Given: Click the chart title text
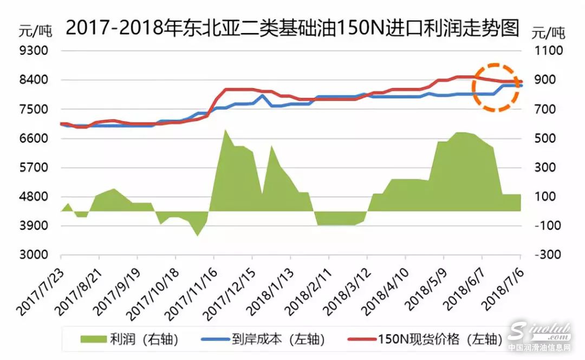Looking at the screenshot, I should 292,27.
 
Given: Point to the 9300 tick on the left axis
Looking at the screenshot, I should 34,51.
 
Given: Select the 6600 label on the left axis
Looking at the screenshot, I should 34,139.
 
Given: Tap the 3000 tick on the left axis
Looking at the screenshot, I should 34,255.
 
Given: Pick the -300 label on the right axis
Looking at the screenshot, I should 549,255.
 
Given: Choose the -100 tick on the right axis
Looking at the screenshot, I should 549,226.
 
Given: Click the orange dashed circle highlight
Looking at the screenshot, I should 496,87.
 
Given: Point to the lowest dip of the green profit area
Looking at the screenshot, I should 197,235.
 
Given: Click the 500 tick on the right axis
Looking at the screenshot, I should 548,139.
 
